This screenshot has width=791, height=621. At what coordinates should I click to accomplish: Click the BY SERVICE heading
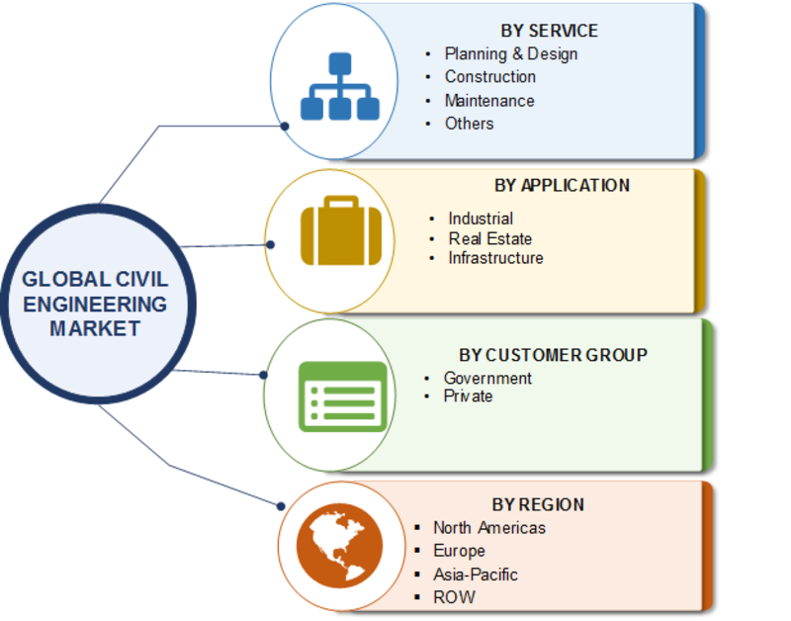[x=549, y=31]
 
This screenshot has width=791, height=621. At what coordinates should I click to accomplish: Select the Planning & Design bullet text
[x=511, y=54]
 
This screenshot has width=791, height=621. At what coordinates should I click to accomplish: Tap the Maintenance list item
[x=489, y=101]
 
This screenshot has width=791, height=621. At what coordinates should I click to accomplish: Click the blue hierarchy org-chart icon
[x=340, y=86]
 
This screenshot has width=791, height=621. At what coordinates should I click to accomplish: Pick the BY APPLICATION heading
[x=562, y=186]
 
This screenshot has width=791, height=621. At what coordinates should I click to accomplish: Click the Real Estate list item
[x=490, y=238]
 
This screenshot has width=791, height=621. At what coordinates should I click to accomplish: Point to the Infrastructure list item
[x=496, y=258]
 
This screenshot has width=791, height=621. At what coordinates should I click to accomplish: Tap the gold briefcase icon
[x=341, y=230]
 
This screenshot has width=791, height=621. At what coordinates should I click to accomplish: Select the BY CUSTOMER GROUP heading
[x=553, y=355]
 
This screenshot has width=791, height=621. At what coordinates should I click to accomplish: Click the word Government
[x=487, y=378]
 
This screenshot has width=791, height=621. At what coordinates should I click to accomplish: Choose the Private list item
[x=468, y=396]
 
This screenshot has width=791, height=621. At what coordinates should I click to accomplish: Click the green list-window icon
[x=343, y=397]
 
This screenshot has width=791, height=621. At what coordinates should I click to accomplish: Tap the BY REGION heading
[x=538, y=504]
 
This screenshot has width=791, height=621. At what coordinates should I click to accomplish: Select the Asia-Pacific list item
[x=476, y=575]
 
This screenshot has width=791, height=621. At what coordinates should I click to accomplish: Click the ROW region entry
[x=454, y=597]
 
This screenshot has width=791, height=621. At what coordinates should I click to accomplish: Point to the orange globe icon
[x=339, y=546]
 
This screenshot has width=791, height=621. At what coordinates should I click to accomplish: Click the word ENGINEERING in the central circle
[x=95, y=305]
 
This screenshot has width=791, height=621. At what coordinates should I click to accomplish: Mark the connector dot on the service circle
[x=285, y=127]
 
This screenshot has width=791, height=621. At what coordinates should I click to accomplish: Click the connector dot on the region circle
[x=281, y=506]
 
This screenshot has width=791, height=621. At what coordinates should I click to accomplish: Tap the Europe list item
[x=459, y=551]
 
